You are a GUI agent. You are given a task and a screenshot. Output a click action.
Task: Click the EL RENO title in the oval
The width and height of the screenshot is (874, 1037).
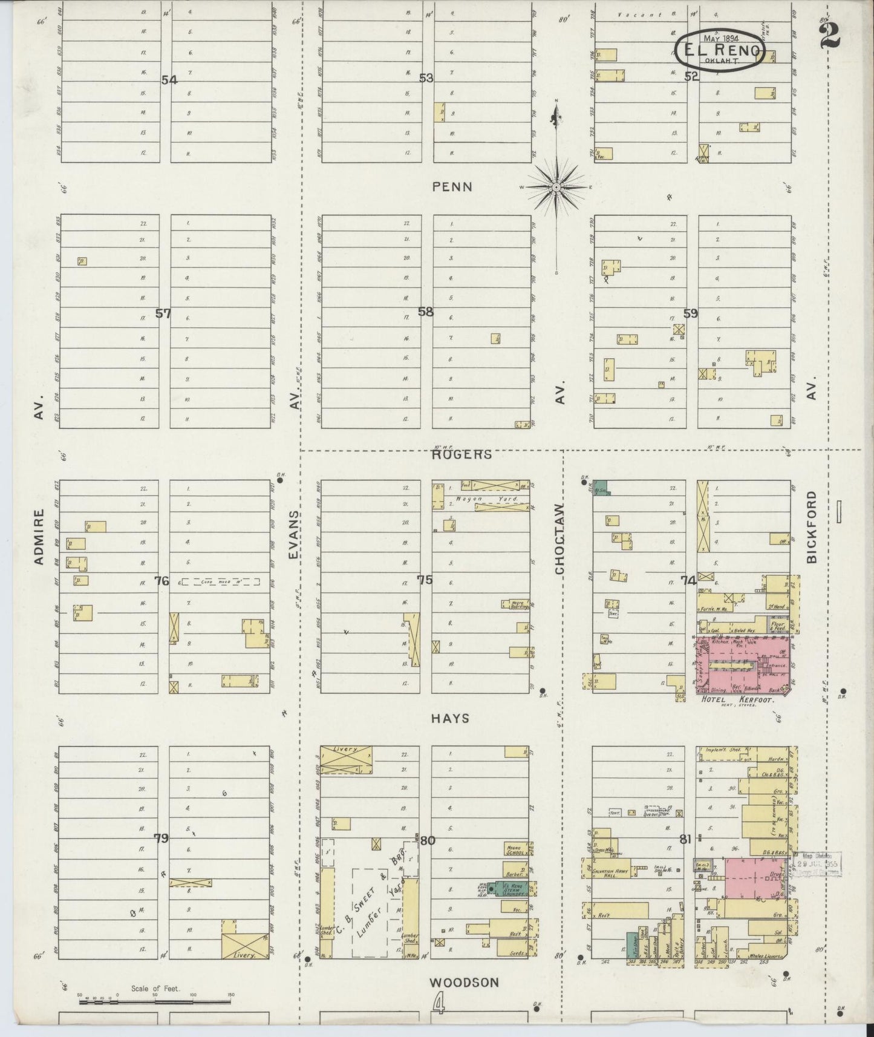click(x=720, y=50)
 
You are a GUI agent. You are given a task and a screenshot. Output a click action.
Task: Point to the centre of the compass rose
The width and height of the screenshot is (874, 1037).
click(x=555, y=188)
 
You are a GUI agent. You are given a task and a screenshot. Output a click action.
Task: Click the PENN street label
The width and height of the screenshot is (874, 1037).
click(x=452, y=187)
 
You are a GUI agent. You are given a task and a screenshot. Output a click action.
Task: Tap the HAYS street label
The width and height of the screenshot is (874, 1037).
click(x=451, y=718)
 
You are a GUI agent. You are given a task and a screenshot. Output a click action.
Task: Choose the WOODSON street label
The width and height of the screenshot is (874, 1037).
click(x=465, y=983)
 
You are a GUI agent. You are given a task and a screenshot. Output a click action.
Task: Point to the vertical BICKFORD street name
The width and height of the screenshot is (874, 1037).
click(x=812, y=526)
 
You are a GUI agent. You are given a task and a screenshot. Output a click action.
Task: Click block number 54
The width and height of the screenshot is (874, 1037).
click(x=169, y=80)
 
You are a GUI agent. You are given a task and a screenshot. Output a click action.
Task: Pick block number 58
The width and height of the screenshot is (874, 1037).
click(x=426, y=312)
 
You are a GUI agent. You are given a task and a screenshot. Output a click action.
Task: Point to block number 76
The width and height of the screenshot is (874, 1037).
click(x=161, y=581)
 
